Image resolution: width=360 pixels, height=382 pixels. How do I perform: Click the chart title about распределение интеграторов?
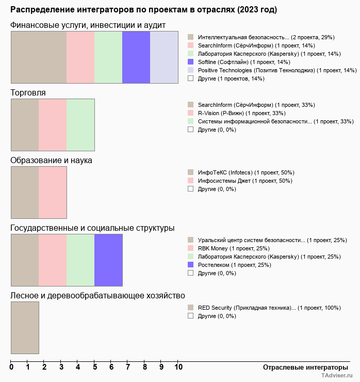click(x=143, y=10)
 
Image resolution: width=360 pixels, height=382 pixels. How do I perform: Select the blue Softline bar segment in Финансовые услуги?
click(x=136, y=57)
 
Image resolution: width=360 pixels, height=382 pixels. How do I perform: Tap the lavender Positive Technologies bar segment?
click(x=164, y=57)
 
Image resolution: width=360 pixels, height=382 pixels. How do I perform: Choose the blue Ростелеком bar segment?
click(x=108, y=260)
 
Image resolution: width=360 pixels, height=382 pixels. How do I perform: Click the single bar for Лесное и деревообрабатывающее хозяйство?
click(x=25, y=328)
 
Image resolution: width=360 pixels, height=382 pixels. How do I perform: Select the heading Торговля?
click(x=28, y=93)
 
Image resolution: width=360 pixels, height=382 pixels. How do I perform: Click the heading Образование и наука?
click(x=51, y=160)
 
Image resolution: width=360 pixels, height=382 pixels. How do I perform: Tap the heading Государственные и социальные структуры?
click(x=92, y=228)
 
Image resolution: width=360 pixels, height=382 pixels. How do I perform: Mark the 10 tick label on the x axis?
click(x=178, y=368)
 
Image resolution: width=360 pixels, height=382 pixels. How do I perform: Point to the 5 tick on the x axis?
click(x=95, y=368)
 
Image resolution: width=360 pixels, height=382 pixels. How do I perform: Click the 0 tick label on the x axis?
click(x=11, y=368)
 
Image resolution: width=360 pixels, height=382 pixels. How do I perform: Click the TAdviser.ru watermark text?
click(x=338, y=377)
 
